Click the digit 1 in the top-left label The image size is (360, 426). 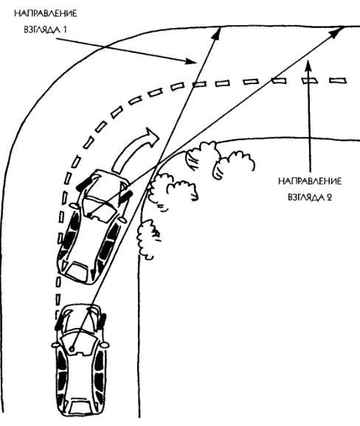[x=64, y=29]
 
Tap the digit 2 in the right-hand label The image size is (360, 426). [x=329, y=198]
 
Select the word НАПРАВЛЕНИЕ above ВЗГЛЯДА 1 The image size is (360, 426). [x=46, y=13]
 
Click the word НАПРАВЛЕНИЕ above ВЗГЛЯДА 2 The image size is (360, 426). [x=310, y=181]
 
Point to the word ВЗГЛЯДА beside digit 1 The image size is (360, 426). [x=42, y=29]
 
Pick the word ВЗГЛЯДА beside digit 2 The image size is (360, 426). [x=305, y=198]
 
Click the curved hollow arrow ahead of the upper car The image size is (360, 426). [x=134, y=151]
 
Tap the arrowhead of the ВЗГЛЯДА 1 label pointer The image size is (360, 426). [x=191, y=61]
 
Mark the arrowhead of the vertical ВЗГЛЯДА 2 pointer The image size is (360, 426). [x=308, y=65]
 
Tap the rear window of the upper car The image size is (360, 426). [x=78, y=270]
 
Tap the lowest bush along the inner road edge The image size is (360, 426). [x=148, y=240]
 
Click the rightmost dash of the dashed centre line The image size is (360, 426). [x=338, y=80]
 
